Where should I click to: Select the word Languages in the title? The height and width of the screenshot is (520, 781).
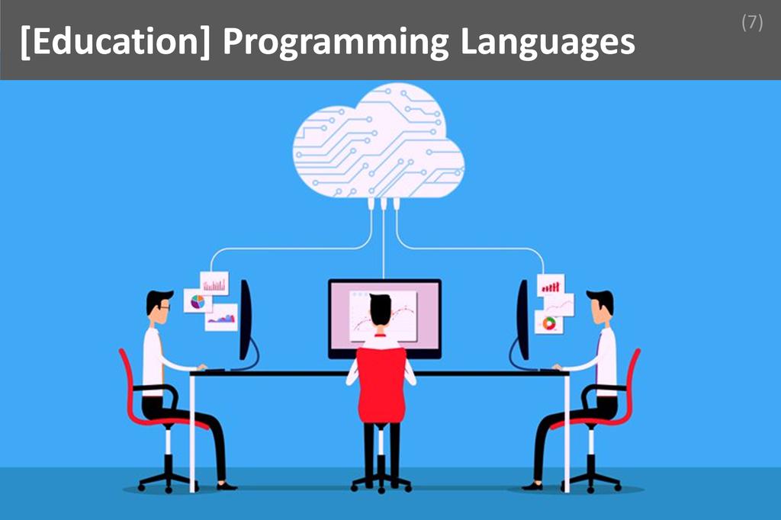point(547,44)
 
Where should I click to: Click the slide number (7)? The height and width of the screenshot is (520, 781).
point(751,23)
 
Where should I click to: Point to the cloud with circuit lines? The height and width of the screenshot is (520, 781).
point(379,145)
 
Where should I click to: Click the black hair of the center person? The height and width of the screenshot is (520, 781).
point(381,307)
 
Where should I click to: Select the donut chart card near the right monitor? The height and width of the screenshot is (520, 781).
point(548,323)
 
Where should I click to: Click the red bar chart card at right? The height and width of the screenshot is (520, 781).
point(551,285)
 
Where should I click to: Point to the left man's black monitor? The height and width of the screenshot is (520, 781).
point(246,320)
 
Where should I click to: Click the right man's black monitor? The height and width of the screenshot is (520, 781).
point(523,320)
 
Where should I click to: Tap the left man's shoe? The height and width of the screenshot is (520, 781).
point(226,485)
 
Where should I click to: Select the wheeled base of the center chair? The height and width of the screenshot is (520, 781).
point(381,483)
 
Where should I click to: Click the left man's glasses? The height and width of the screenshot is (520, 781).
point(164,307)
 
